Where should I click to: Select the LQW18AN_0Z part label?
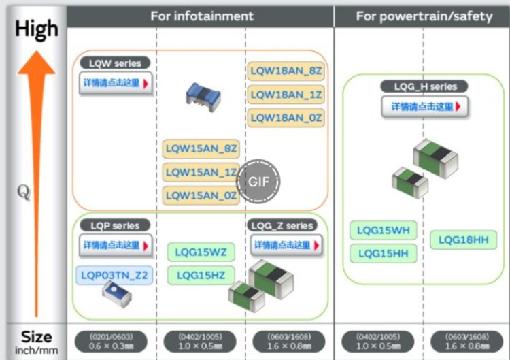pos(285,117)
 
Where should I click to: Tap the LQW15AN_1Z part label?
pos(201,173)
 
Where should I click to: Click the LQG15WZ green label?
pos(201,252)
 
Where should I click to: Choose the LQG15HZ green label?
pos(201,275)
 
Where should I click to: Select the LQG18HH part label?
pos(463,240)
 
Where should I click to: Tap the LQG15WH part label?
pos(384,231)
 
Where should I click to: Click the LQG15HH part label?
pos(384,254)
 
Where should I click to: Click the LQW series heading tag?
pos(115,63)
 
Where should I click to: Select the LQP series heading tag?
pos(114,225)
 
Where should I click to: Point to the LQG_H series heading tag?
pos(425,86)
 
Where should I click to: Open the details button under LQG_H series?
pos(425,106)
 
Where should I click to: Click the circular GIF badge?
pos(258,182)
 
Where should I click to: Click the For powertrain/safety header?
pos(424,16)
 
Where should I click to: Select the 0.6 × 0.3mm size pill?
pos(113,341)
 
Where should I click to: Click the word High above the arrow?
pos(37,29)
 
